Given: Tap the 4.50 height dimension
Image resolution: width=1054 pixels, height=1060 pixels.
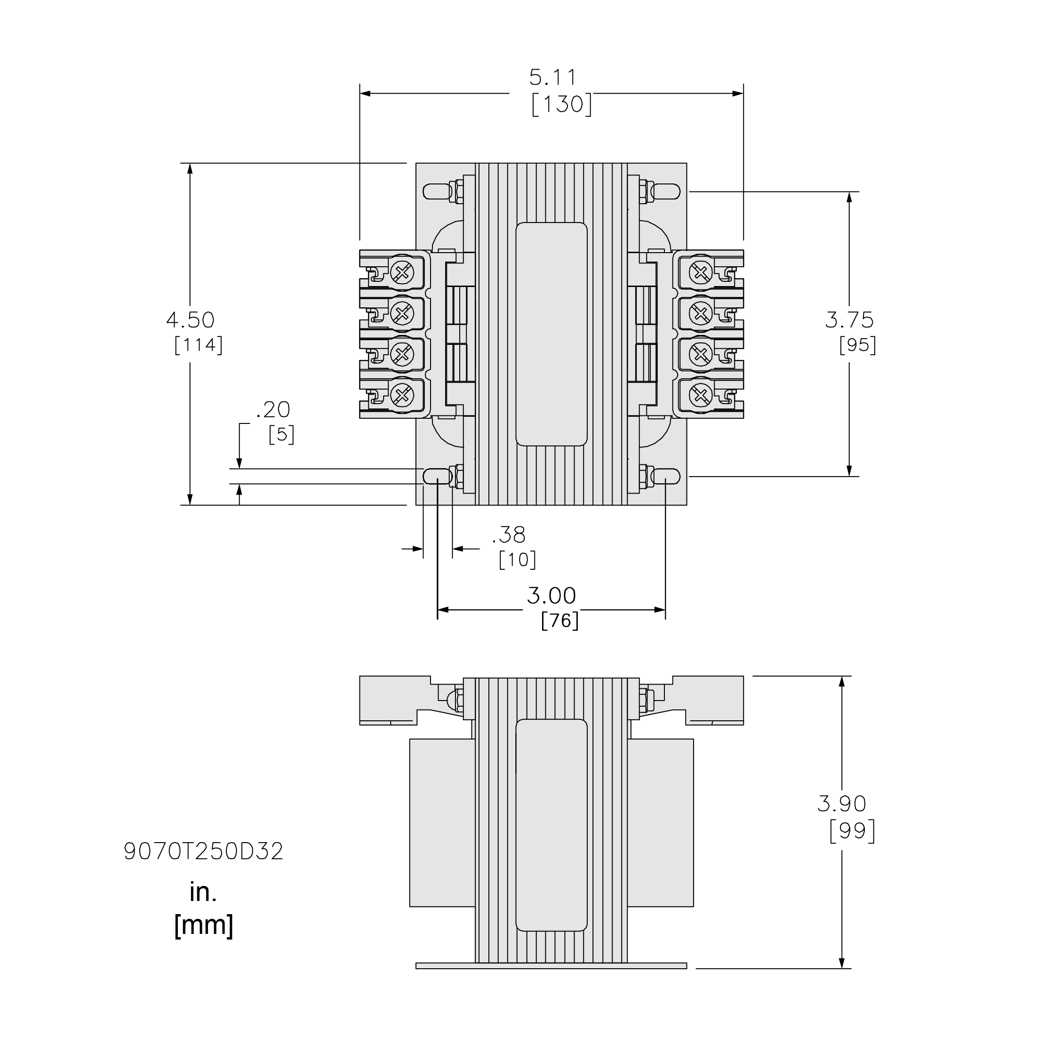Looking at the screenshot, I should coord(191,320).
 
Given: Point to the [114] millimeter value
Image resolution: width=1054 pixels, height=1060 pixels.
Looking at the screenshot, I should coord(199,345).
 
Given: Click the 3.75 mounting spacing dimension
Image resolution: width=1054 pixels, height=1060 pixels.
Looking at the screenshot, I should coord(849,320).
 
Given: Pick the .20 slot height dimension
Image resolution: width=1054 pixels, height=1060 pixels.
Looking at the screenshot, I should coord(273,410).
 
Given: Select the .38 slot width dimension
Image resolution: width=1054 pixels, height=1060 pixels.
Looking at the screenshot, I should coord(509,534).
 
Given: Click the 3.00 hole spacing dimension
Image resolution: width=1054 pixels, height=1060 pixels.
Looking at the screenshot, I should coord(551,596).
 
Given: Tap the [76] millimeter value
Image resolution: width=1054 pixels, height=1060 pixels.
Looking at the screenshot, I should coord(559,621).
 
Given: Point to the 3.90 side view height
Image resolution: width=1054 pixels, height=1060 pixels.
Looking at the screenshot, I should coord(842,804).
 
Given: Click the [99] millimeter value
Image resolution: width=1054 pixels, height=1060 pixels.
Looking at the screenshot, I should coord(852,831).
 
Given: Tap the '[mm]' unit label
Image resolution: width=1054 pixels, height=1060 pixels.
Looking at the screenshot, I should coord(204,925).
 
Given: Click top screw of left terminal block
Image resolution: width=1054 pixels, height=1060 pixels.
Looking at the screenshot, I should coord(403,272).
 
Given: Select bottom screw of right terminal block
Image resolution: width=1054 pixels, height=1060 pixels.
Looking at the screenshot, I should coord(700,394).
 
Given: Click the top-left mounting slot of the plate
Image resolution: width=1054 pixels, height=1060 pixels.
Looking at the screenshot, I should coord(437,191).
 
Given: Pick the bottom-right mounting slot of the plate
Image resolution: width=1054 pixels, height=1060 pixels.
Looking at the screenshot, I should coord(665,477).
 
